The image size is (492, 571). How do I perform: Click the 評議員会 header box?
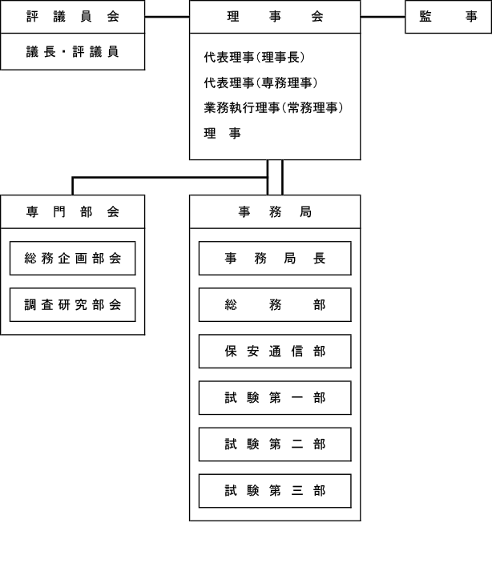coord(73,17)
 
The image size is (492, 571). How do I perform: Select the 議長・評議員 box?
coord(73,52)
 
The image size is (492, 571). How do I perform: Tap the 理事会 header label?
coord(275,16)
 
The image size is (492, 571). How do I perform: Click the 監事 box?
coord(448,17)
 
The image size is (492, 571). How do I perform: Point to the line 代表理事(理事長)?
coord(254,57)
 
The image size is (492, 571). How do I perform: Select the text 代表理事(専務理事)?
coord(260,82)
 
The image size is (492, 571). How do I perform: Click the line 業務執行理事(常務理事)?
coord(273,108)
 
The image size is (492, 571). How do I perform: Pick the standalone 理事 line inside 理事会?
coord(222,133)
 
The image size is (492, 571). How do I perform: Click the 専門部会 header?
coord(73,212)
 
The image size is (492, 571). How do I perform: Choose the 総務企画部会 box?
coord(73,258)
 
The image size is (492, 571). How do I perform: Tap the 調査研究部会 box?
coord(73,305)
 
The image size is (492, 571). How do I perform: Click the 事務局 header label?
coord(275,211)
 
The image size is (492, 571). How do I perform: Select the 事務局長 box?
coord(275,258)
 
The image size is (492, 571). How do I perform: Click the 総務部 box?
coord(275,305)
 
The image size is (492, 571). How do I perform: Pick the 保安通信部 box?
coord(275,352)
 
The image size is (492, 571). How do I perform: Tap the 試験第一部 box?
coord(275,398)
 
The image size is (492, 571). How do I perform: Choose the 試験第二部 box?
coord(275,444)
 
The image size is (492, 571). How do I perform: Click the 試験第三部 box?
coord(275,491)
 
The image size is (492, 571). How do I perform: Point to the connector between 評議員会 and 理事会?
coord(167,17)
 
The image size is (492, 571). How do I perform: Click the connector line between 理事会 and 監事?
coord(383,17)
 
